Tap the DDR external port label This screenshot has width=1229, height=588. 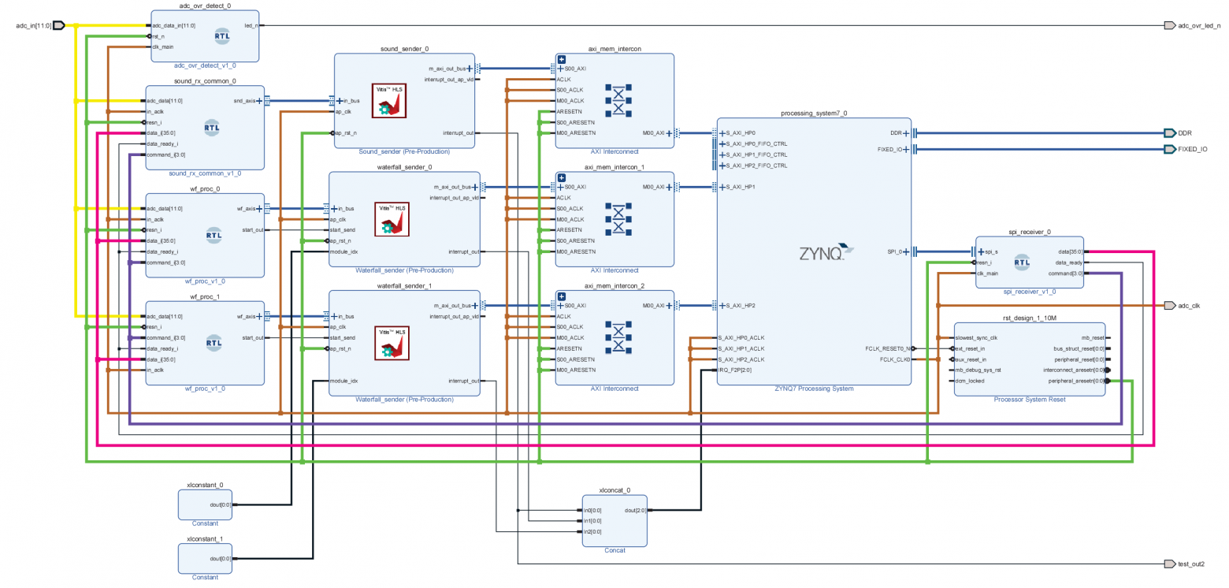pos(1185,133)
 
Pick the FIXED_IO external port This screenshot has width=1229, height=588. pos(1192,149)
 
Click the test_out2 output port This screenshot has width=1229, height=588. pos(1194,564)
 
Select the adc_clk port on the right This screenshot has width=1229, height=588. pos(1188,305)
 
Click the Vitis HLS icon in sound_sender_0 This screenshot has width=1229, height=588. pos(388,102)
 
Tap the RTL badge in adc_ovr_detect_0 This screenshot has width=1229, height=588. pos(222,35)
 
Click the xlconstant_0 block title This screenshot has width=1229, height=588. pos(205,486)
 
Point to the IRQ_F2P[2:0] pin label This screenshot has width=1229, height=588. pos(736,370)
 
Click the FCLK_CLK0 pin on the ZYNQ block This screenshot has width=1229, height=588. pos(894,359)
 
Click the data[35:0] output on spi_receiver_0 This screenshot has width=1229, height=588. pos(1068,251)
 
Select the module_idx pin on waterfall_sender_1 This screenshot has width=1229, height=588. pos(343,381)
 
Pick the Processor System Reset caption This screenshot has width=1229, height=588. pos(1029,400)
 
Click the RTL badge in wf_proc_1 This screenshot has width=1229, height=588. pos(213,341)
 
